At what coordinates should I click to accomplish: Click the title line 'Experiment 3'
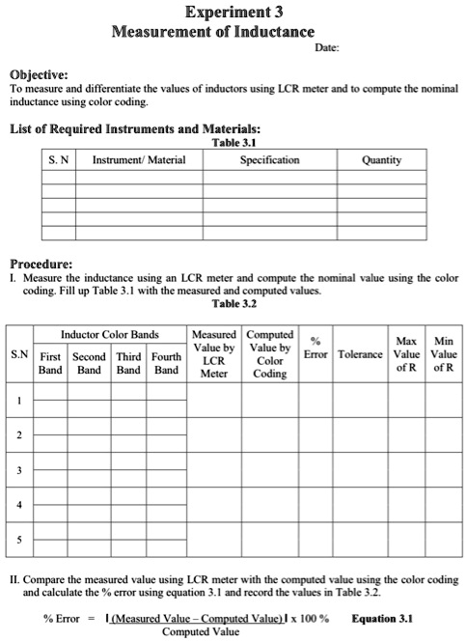point(232,12)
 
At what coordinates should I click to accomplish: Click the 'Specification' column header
point(269,160)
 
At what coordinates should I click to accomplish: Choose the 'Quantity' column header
point(382,160)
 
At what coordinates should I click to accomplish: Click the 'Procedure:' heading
point(41,263)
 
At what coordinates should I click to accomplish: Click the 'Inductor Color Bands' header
point(109,334)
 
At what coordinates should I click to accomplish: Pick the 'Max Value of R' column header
point(406,354)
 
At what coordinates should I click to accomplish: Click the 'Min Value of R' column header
point(444,354)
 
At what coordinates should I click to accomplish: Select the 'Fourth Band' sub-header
point(167,362)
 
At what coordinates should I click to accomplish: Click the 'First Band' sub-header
point(50,362)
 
